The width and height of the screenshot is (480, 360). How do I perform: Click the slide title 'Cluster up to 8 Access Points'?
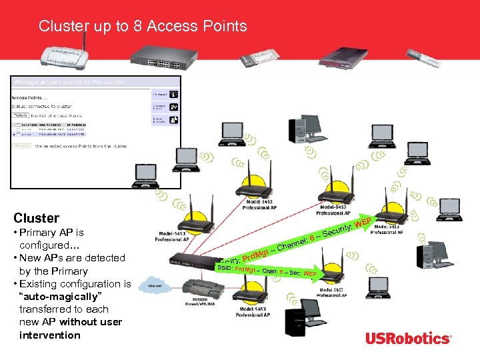coord(143,27)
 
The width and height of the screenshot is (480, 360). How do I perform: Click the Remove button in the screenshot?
coord(21,145)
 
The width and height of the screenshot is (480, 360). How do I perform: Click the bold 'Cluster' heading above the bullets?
coord(36,218)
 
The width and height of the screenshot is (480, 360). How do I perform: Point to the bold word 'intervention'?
coord(50,335)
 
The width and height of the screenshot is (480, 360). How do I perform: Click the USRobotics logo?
coord(407,339)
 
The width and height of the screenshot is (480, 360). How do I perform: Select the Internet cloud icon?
coord(154,287)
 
